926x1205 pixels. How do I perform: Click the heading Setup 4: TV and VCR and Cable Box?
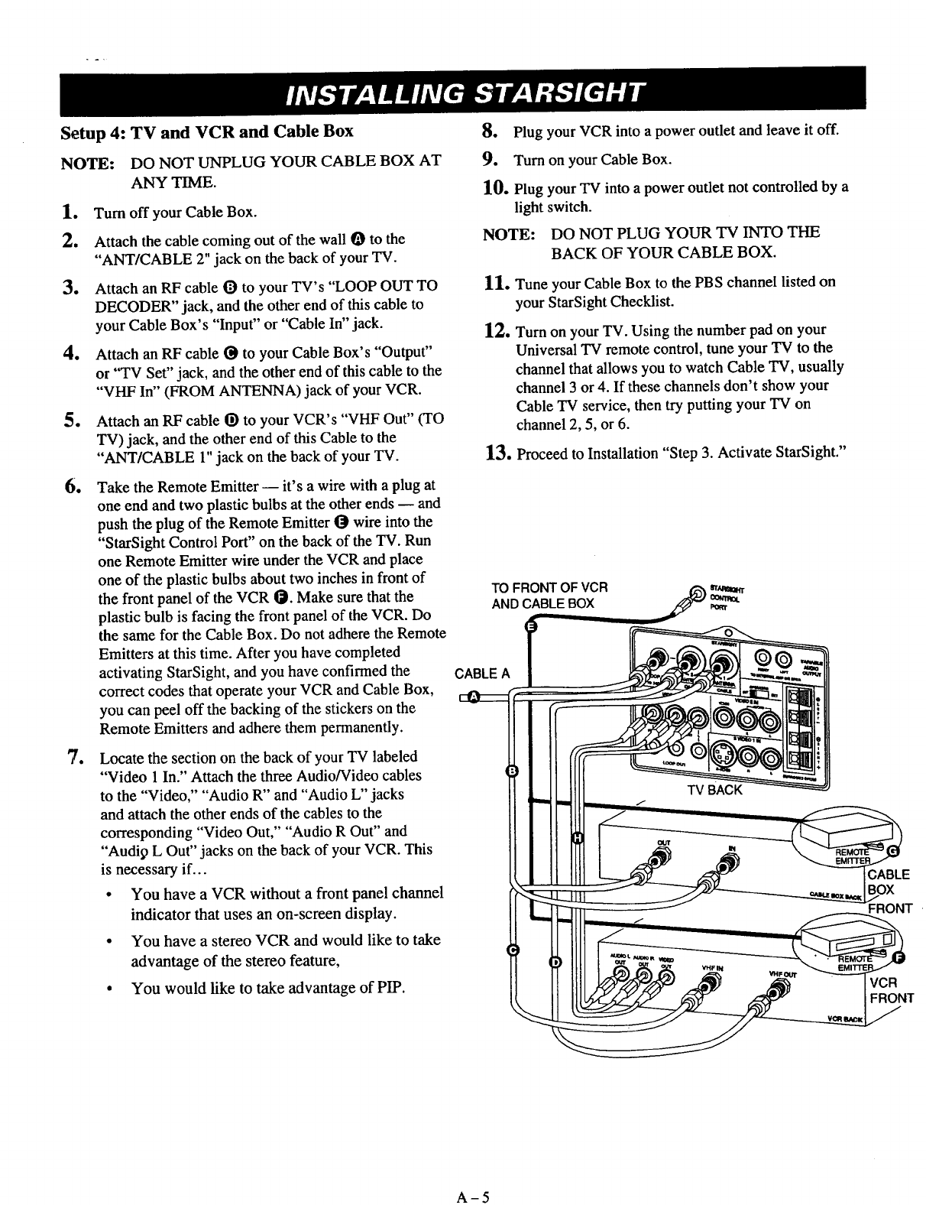(206, 131)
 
